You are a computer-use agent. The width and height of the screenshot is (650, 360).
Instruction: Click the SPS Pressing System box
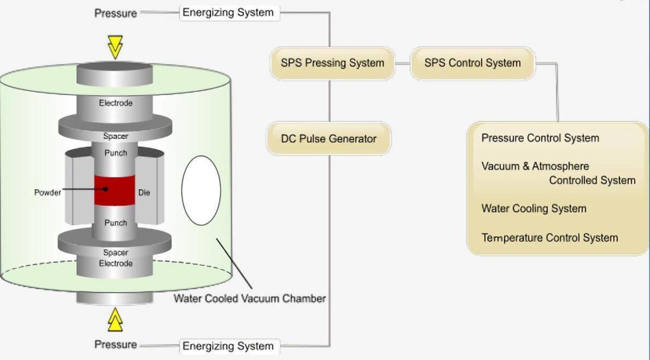click(332, 63)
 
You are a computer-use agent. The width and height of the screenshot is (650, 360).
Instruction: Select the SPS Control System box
click(472, 63)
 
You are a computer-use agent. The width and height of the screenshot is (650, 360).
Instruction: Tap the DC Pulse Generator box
click(328, 138)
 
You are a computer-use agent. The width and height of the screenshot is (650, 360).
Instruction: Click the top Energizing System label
click(228, 13)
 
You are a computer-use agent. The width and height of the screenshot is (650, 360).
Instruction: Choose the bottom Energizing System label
click(228, 346)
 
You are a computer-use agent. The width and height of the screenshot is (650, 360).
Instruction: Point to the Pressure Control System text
click(540, 138)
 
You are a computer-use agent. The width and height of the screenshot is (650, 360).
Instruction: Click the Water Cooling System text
click(533, 209)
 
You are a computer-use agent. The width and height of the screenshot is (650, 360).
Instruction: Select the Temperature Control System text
click(549, 238)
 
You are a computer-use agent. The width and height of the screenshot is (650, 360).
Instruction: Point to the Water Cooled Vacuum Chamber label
click(249, 298)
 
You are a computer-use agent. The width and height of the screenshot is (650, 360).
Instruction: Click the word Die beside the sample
click(144, 192)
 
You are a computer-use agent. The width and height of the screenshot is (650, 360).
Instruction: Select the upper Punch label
click(116, 153)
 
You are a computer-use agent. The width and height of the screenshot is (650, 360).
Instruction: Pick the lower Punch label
click(116, 223)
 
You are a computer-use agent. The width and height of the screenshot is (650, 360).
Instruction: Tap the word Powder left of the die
click(48, 192)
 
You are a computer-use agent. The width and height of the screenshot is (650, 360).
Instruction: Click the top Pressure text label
click(116, 13)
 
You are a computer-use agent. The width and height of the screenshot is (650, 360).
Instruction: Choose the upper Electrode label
click(116, 103)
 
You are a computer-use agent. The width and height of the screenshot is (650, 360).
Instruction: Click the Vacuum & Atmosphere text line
click(535, 166)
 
